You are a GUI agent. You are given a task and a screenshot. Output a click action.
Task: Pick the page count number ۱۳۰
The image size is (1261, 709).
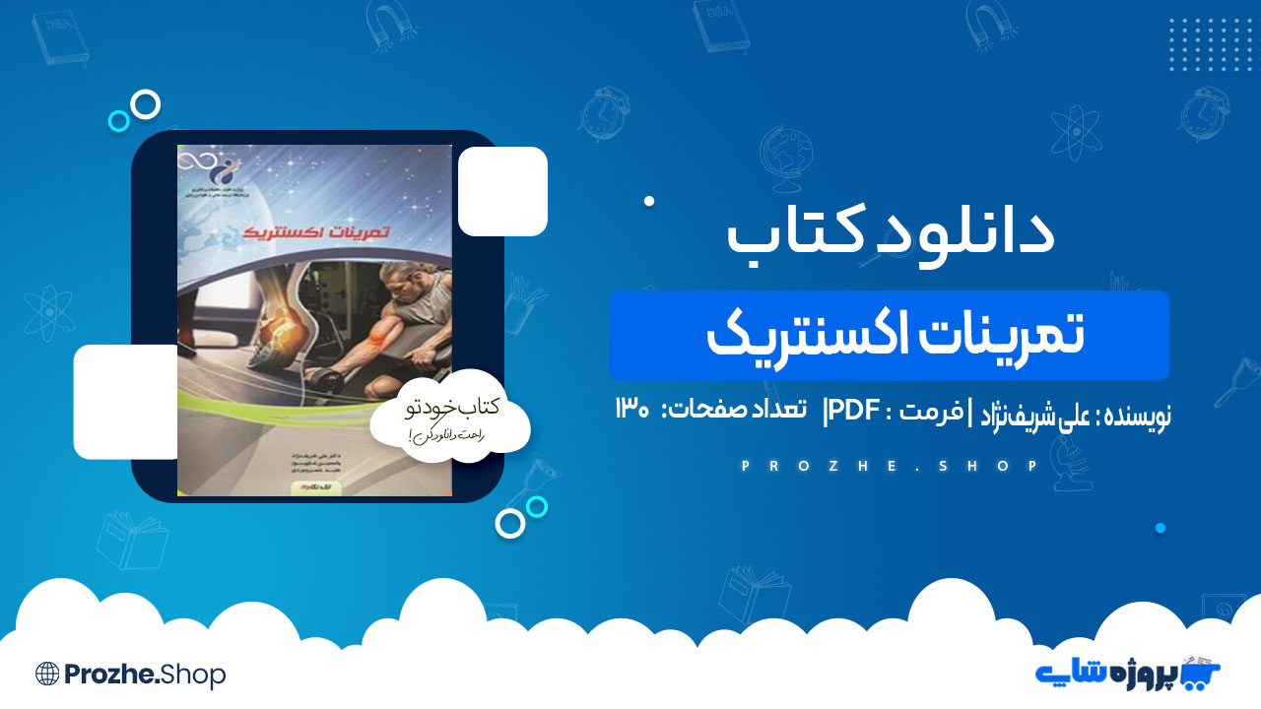click(632, 411)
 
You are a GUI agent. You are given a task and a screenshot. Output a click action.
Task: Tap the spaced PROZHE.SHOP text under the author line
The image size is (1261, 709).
click(890, 466)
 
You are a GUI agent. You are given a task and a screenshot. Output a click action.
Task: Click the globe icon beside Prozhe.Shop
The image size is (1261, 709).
click(47, 674)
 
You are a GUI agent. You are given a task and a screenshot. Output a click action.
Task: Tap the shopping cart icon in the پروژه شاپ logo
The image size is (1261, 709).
click(1200, 673)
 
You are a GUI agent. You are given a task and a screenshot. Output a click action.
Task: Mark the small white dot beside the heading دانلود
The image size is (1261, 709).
click(649, 201)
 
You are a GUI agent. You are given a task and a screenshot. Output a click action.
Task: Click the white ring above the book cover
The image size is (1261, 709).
click(146, 104)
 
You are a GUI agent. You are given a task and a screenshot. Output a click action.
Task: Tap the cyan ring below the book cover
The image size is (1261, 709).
click(537, 506)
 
